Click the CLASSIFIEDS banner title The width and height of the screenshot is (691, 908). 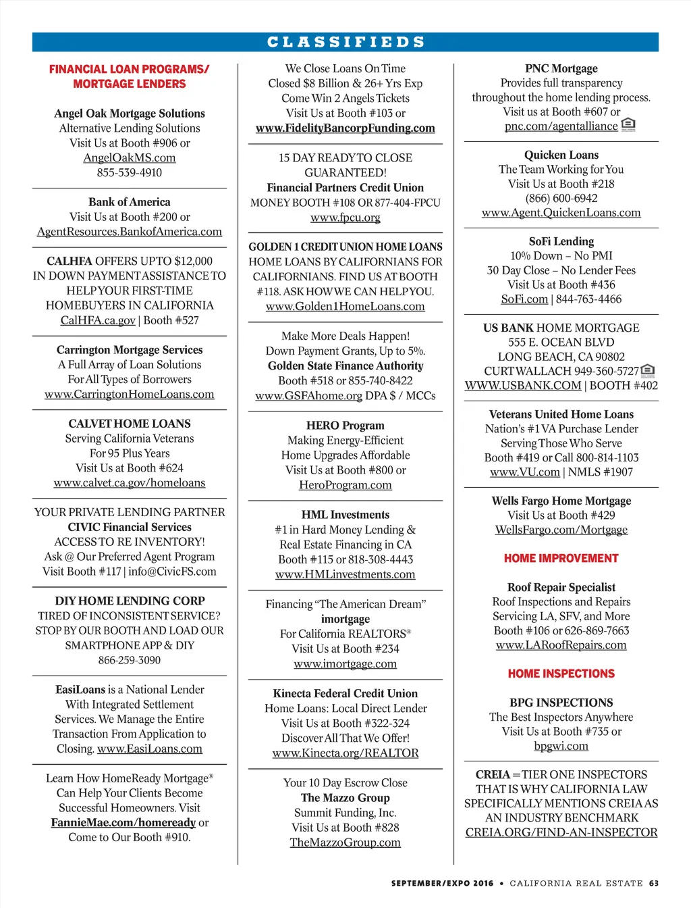pyautogui.click(x=345, y=42)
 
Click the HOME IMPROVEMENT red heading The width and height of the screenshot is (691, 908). pyautogui.click(x=561, y=558)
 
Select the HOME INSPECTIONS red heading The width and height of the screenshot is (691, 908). pyautogui.click(x=561, y=674)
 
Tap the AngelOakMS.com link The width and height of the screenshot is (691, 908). pyautogui.click(x=130, y=158)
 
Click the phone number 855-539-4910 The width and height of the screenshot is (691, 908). pyautogui.click(x=130, y=172)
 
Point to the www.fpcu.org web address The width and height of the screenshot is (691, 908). pyautogui.click(x=345, y=218)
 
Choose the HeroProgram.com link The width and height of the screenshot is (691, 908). pyautogui.click(x=345, y=485)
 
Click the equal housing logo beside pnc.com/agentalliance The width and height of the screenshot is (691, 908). pyautogui.click(x=628, y=125)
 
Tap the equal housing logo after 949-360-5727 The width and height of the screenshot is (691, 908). pyautogui.click(x=648, y=370)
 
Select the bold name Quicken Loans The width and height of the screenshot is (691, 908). pyautogui.click(x=561, y=155)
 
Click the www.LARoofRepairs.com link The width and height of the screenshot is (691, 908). pyautogui.click(x=561, y=645)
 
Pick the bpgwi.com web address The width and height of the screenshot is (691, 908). pyautogui.click(x=561, y=746)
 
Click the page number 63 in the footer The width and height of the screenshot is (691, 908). pyautogui.click(x=654, y=883)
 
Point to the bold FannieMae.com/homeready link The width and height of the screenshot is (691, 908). pyautogui.click(x=123, y=822)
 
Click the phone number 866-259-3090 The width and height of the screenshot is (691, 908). pyautogui.click(x=130, y=660)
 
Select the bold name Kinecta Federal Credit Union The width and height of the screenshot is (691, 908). pyautogui.click(x=345, y=693)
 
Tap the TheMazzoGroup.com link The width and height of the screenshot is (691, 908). pyautogui.click(x=345, y=842)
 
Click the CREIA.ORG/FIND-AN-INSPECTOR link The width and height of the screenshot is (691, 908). pyautogui.click(x=561, y=832)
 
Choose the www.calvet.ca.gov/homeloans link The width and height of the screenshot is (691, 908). pyautogui.click(x=130, y=483)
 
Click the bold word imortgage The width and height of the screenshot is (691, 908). pyautogui.click(x=345, y=619)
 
